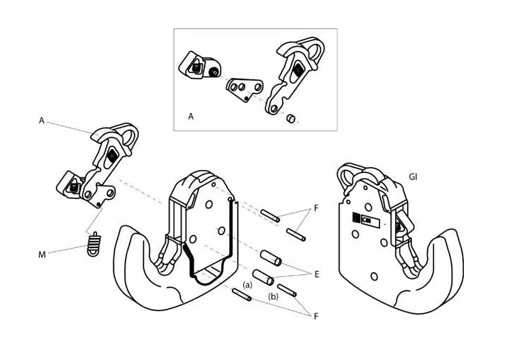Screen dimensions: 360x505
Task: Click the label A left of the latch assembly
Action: [42, 121]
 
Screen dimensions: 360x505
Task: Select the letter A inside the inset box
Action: [191, 117]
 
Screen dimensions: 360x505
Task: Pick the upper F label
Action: [316, 210]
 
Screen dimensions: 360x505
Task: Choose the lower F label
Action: [316, 317]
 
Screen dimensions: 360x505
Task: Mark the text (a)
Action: [248, 283]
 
